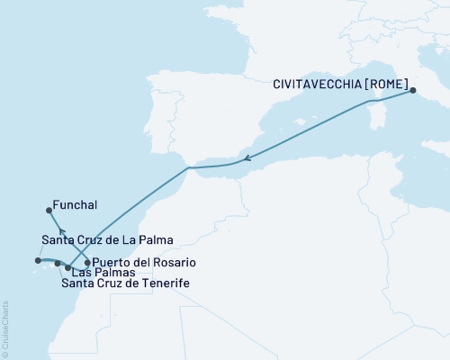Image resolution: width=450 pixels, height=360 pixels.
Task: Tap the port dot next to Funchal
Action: point(49,211)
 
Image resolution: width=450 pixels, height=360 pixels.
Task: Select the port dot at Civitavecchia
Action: point(411,90)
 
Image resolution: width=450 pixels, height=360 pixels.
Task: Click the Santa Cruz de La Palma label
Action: point(107,240)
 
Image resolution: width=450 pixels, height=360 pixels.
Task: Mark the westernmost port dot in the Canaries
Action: point(38,261)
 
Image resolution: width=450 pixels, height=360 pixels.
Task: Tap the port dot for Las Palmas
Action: point(68,267)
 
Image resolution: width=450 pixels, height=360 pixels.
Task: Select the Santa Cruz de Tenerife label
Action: point(125,284)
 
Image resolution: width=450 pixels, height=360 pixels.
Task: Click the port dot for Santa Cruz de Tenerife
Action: point(58,263)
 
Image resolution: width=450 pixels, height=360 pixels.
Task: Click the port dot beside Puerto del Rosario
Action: point(86,263)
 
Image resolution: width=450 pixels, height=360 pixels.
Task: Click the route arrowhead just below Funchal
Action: point(62,232)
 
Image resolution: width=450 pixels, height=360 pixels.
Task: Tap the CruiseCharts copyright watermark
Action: point(5,329)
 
